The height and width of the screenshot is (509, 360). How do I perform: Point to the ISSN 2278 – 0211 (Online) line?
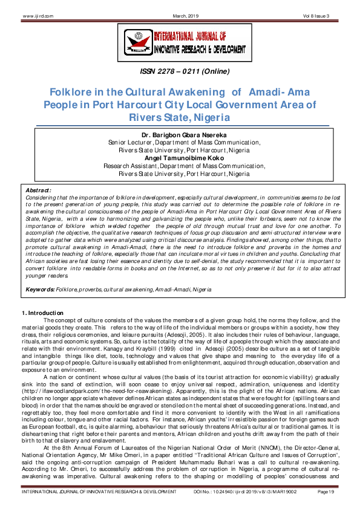(x=180, y=71)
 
